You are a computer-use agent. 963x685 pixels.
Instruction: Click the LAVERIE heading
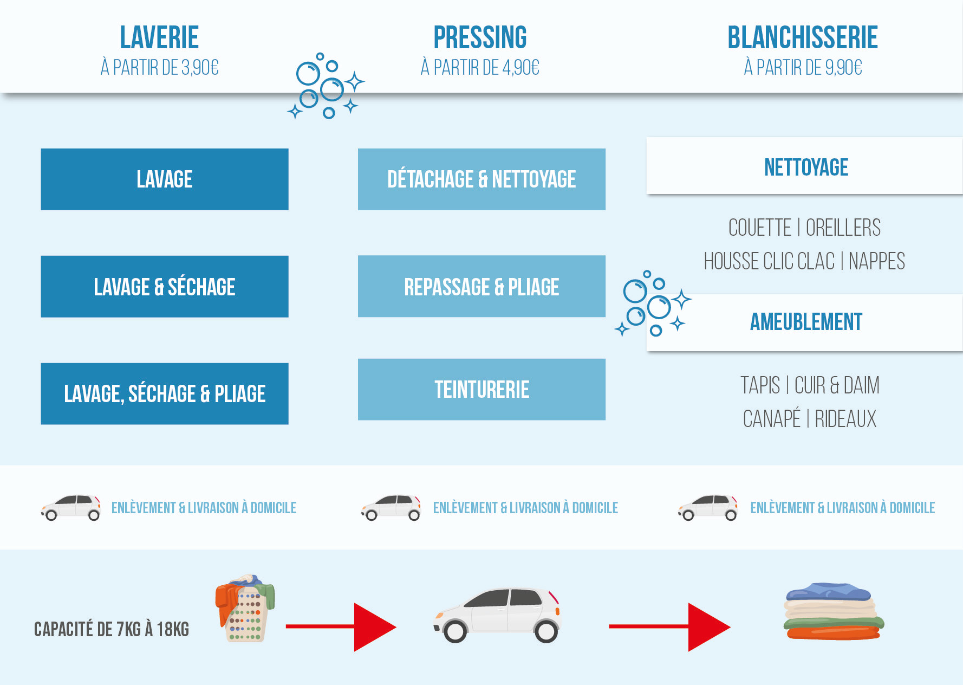[159, 37]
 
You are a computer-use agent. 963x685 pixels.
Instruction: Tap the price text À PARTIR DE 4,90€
[480, 68]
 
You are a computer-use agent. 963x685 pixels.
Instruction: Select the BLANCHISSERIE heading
[802, 37]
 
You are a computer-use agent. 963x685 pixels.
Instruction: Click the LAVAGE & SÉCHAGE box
[165, 287]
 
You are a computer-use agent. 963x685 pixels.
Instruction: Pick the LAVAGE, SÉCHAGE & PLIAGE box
[165, 394]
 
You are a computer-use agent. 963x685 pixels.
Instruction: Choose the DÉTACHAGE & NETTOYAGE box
[481, 179]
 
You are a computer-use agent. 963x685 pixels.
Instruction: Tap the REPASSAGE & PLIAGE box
[481, 287]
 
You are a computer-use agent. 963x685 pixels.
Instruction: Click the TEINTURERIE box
[481, 390]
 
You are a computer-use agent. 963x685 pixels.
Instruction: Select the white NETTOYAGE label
[805, 167]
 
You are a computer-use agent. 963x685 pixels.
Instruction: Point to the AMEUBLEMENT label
[805, 322]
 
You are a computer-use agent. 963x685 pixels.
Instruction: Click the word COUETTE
[759, 228]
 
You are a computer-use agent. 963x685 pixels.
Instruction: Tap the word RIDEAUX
[845, 419]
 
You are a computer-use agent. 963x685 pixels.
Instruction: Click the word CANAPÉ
[771, 419]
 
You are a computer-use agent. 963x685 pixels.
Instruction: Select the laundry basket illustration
[245, 609]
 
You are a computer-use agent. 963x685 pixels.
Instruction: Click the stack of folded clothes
[833, 611]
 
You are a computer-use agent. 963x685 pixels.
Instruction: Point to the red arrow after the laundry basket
[341, 626]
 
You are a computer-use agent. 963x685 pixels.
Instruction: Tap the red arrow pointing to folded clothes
[669, 626]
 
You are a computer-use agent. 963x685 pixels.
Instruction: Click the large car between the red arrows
[497, 615]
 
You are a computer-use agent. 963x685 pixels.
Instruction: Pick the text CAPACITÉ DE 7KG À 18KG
[112, 629]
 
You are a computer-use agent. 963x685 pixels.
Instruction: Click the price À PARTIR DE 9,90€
[803, 68]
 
